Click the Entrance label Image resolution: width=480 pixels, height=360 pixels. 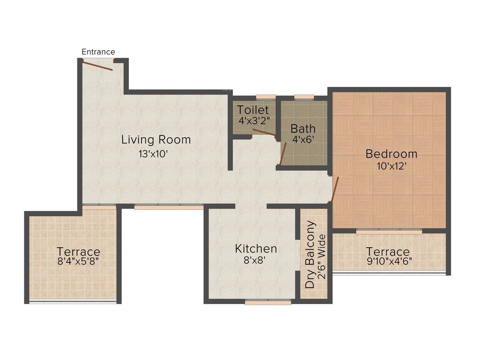(98, 52)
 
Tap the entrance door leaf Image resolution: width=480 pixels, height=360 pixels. (97, 66)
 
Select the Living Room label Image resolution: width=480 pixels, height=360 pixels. (156, 139)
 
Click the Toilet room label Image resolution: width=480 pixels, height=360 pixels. (253, 110)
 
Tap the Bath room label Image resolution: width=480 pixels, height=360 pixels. (303, 128)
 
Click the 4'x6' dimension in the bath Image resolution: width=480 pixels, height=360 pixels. (302, 139)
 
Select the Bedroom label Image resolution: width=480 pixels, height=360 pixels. (391, 153)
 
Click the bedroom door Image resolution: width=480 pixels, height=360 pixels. (334, 189)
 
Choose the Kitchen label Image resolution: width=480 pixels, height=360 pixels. (256, 248)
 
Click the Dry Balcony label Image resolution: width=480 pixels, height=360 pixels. (310, 254)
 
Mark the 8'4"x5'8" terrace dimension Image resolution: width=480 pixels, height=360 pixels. (78, 262)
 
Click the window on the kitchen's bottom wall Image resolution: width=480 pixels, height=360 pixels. (268, 302)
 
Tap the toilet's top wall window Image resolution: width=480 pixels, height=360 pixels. (265, 97)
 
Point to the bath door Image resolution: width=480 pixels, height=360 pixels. (283, 154)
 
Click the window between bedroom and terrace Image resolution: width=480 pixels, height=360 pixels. (389, 231)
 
